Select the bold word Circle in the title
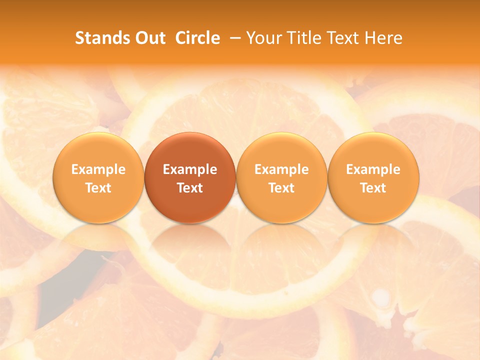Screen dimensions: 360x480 pyautogui.click(x=197, y=38)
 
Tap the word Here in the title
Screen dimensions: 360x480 pyautogui.click(x=383, y=38)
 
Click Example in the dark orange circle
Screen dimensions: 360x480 pyautogui.click(x=190, y=169)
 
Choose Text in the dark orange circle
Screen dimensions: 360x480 pyautogui.click(x=190, y=188)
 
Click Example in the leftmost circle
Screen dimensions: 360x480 pyautogui.click(x=98, y=169)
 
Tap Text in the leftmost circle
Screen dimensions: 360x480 pyautogui.click(x=98, y=188)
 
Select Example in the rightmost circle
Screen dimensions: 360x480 pyautogui.click(x=373, y=169)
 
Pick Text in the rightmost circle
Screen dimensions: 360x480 pyautogui.click(x=373, y=188)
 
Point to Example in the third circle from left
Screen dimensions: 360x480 pyautogui.click(x=281, y=169)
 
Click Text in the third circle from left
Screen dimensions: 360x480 pyautogui.click(x=281, y=188)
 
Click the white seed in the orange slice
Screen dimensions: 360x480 pyautogui.click(x=381, y=297)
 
